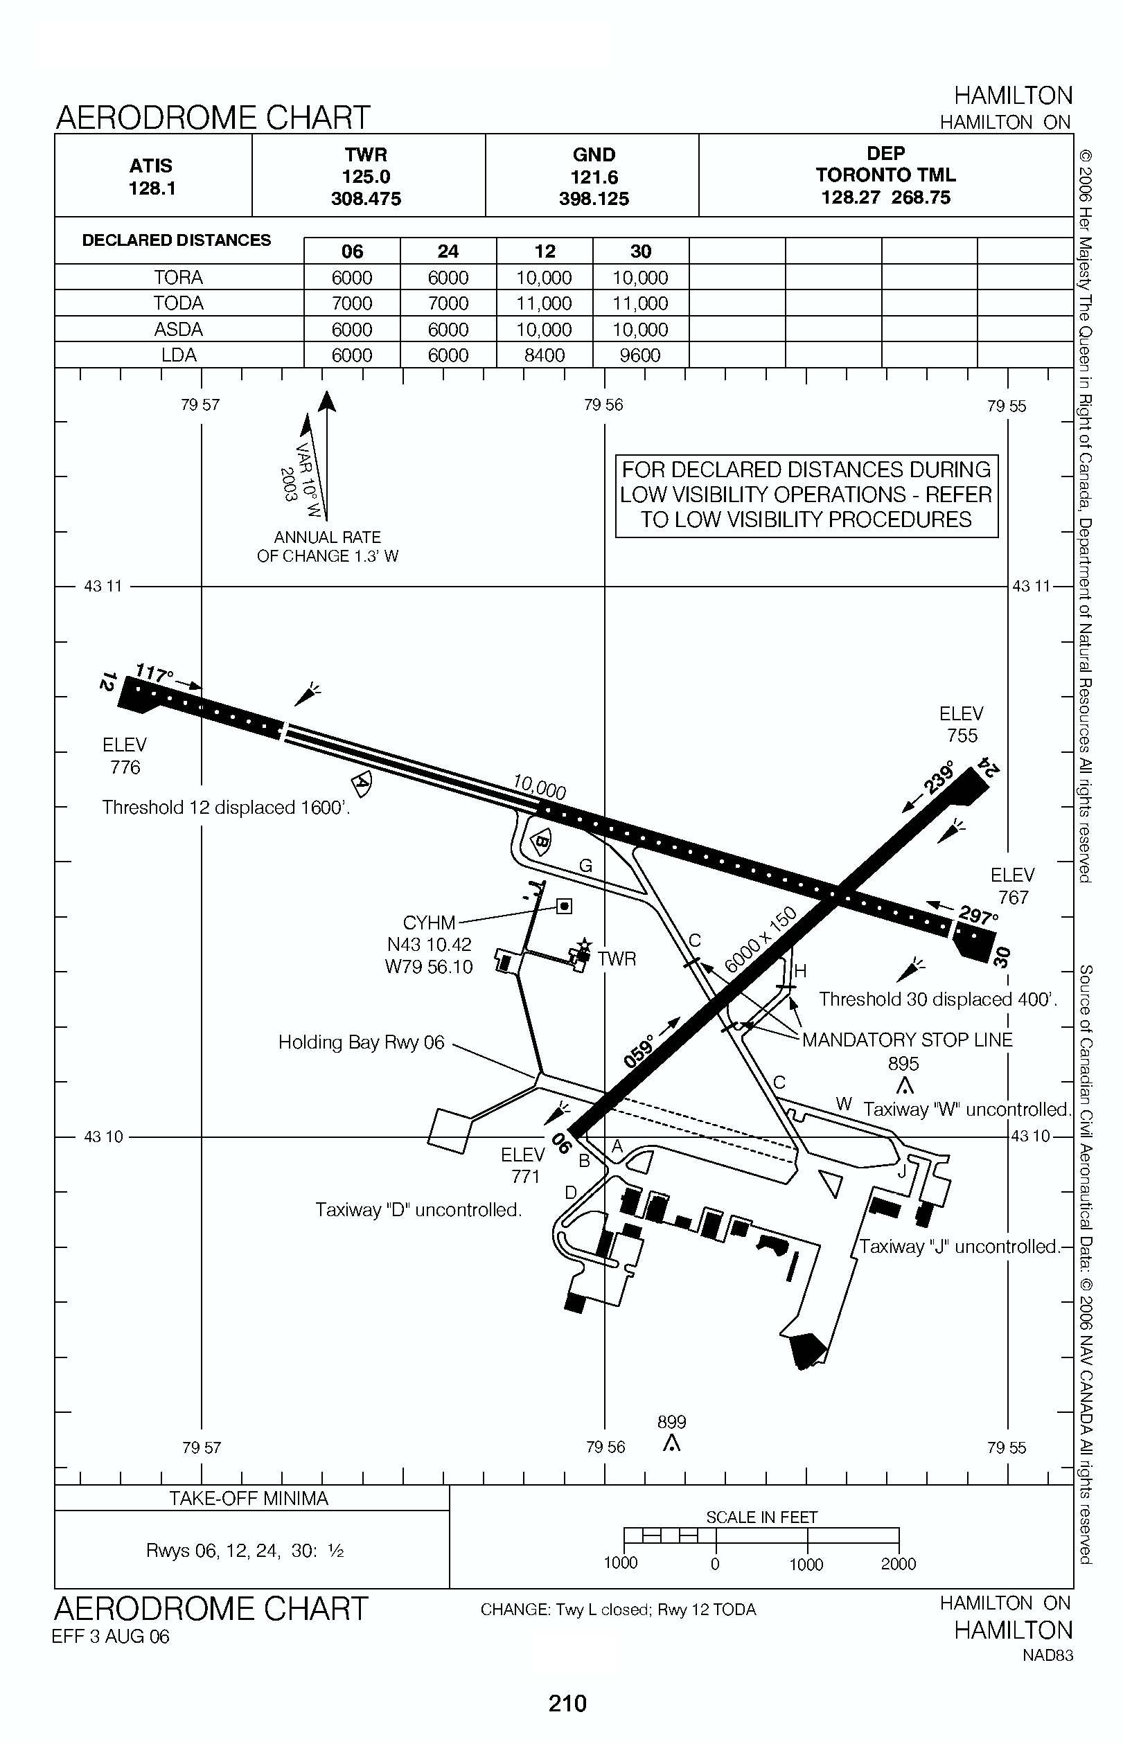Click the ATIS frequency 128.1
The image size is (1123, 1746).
tap(152, 188)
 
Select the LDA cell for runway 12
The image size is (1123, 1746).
tap(544, 355)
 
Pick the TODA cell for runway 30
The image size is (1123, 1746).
tap(640, 303)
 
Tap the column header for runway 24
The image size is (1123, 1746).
tap(448, 251)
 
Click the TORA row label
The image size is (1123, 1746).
tap(178, 278)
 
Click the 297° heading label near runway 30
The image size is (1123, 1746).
tap(977, 916)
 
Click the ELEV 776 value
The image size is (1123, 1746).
tap(125, 767)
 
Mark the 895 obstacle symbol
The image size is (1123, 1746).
tap(904, 1087)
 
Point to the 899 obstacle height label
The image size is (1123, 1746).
tap(671, 1422)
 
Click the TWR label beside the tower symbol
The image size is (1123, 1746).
tap(617, 959)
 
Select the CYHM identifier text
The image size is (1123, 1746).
tap(429, 923)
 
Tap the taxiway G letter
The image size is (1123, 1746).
tap(585, 866)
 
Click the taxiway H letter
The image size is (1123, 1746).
tap(800, 971)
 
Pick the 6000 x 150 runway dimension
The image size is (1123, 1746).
tap(761, 941)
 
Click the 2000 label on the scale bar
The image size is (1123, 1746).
tap(898, 1564)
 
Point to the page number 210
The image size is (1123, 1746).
tap(567, 1704)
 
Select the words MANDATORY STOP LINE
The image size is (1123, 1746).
tap(907, 1040)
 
